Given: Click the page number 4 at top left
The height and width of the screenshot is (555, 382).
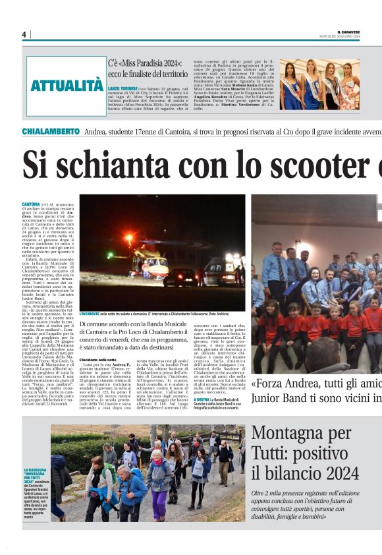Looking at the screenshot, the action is [x=24, y=34].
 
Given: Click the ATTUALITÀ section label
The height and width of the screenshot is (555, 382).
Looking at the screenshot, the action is [x=67, y=86].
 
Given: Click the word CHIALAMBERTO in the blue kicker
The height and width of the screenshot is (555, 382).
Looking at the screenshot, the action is [x=51, y=132].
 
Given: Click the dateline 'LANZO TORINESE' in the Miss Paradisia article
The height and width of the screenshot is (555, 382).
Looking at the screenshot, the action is [x=123, y=88].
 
